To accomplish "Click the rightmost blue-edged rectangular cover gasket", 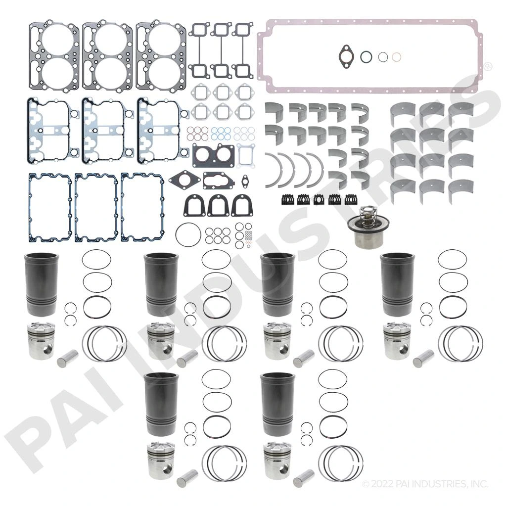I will (x=143, y=207).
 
